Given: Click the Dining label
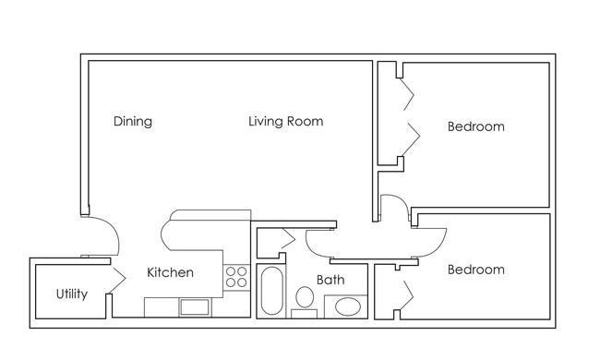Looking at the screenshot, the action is (x=133, y=121).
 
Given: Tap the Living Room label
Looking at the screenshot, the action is (x=286, y=121).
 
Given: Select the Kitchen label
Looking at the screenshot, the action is (x=170, y=272).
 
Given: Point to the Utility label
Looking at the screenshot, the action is (x=72, y=294).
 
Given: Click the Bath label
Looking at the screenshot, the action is (x=330, y=280).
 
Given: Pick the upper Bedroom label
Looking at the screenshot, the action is (x=476, y=126).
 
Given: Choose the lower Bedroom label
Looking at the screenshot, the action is (x=476, y=270).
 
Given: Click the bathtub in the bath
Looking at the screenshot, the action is (x=271, y=291).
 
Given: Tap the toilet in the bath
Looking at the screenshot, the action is (x=305, y=302).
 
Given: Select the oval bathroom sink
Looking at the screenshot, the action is (x=348, y=306).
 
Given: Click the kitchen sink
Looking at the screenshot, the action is (x=195, y=307).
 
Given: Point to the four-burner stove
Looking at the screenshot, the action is (x=236, y=277).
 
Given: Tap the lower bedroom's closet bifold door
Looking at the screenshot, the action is (x=407, y=295).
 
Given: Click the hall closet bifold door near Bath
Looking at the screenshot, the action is (x=289, y=239).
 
